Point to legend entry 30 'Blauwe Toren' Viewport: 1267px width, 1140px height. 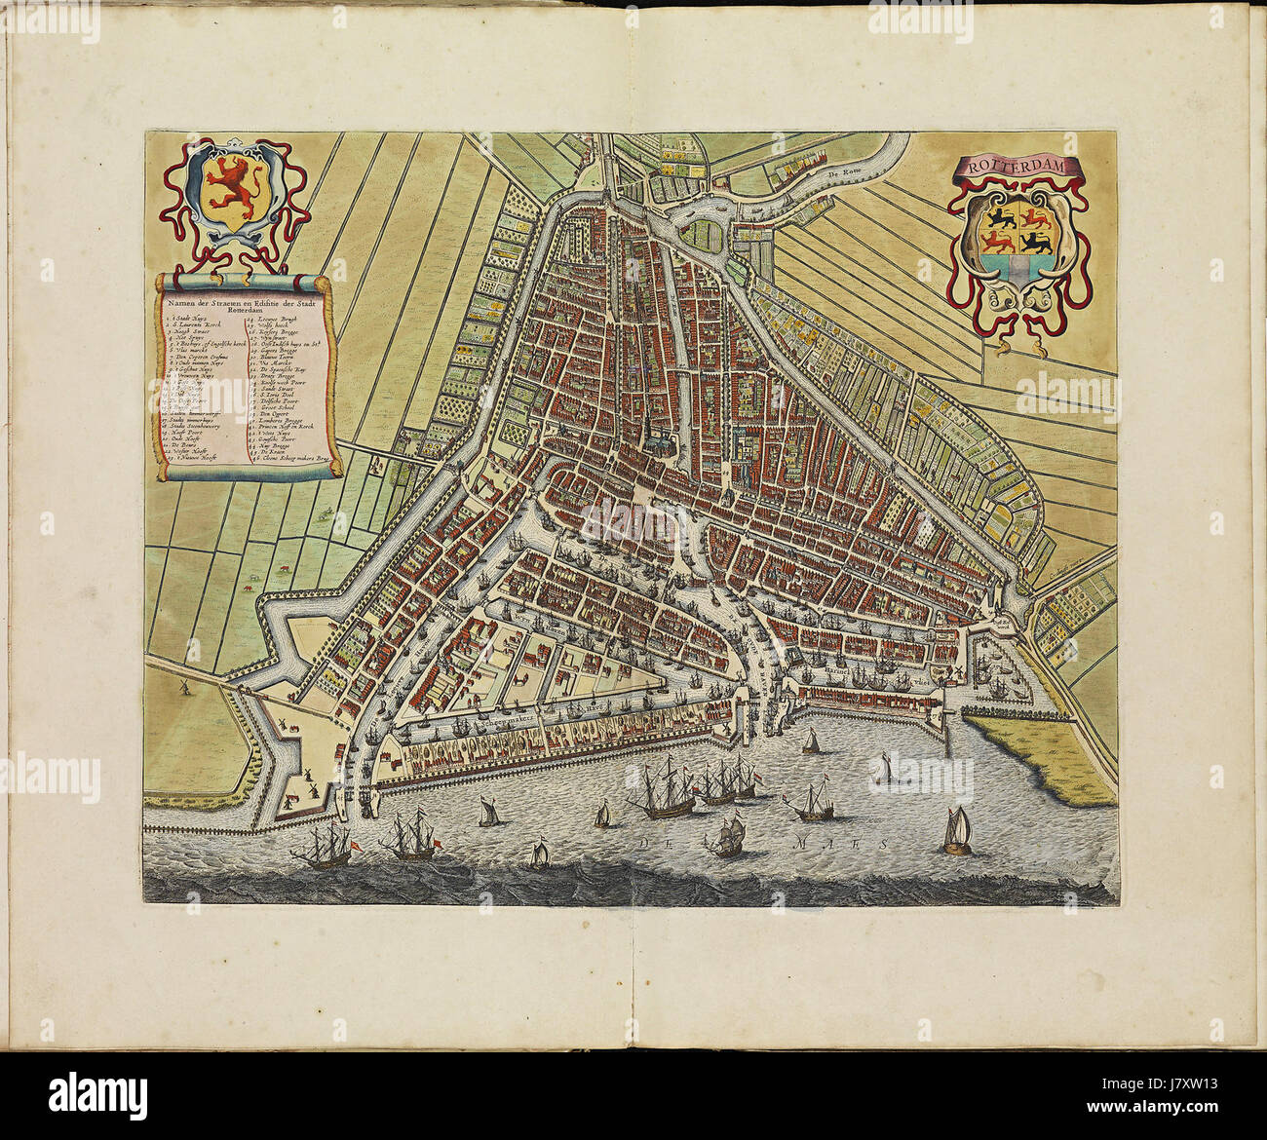click(x=277, y=357)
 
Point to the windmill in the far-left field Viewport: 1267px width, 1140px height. click(x=182, y=687)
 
